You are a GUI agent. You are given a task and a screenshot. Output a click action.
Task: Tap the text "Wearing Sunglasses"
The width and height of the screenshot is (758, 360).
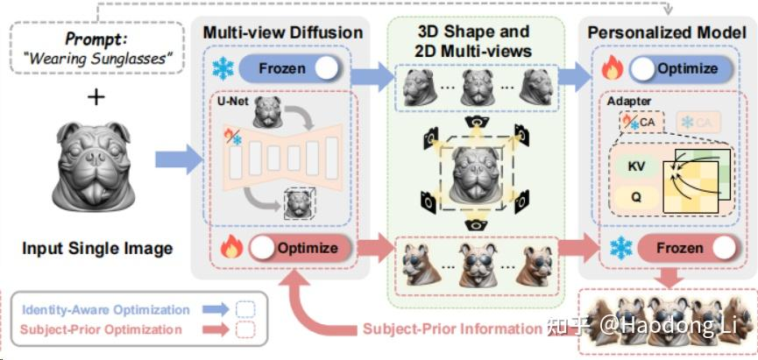[96, 60]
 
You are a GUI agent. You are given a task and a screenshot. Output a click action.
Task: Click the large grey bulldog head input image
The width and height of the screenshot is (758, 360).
[96, 172]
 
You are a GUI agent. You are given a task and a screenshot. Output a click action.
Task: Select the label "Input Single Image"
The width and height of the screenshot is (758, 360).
[96, 248]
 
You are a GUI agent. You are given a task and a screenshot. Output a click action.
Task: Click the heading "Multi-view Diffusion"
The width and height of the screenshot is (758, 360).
[283, 32]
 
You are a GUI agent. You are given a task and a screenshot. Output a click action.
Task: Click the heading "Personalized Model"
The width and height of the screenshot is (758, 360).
[667, 32]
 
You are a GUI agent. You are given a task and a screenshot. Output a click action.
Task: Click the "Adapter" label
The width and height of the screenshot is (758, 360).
[628, 101]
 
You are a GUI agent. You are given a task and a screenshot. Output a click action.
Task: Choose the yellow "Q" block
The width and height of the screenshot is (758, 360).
[637, 197]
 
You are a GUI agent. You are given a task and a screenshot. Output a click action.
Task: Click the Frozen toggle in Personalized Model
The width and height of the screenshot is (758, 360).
[678, 248]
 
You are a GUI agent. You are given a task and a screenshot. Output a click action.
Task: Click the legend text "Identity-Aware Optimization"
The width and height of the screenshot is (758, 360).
[106, 309]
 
